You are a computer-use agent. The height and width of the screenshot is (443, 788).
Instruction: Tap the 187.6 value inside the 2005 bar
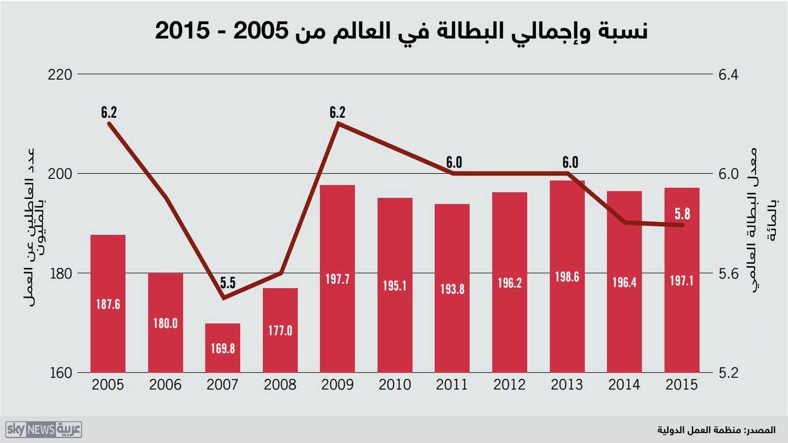pos(108,304)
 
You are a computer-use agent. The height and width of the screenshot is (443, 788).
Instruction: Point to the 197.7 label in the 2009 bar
pos(337,279)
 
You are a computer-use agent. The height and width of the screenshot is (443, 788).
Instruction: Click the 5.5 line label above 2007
pos(228,283)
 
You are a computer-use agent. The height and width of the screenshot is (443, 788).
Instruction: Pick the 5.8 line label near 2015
pos(682,214)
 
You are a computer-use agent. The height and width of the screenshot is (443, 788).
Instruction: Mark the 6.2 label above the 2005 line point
pos(109,113)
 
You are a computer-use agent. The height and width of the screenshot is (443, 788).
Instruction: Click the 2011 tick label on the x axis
pos(452,384)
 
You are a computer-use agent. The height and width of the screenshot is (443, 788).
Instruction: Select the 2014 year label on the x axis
pos(624,384)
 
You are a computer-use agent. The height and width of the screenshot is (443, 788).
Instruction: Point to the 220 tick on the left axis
pos(60,75)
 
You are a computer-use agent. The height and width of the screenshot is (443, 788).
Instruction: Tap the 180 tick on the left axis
pos(60,274)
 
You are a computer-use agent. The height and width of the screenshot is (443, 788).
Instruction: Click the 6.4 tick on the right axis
pos(728,75)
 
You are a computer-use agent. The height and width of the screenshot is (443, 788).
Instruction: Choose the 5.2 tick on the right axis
pos(728,373)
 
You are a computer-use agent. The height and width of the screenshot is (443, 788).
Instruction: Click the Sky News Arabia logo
pos(44,430)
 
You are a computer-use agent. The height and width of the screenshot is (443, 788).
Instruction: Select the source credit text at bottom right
pos(716,430)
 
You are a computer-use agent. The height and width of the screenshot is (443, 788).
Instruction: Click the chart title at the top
pos(401,31)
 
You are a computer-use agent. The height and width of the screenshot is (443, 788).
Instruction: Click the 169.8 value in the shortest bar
pos(223,348)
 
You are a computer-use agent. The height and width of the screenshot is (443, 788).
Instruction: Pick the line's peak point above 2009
pos(338,123)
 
